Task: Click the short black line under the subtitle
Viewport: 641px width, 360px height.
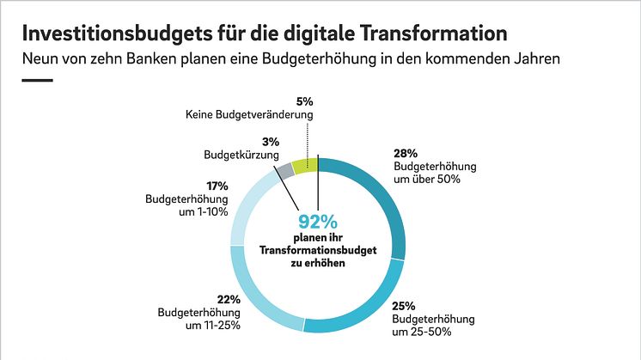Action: click(36, 81)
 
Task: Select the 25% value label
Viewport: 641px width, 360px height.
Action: click(403, 306)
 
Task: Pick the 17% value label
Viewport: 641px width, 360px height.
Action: click(217, 186)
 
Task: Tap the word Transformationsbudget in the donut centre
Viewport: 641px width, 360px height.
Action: click(317, 251)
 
